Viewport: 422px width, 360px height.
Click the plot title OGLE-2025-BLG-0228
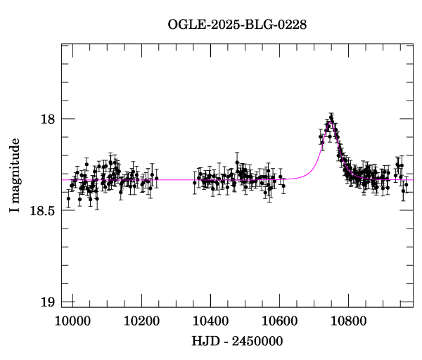(237, 25)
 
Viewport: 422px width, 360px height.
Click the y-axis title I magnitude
(15, 176)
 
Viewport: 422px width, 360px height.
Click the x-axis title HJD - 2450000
(237, 341)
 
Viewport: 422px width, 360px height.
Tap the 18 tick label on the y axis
(48, 119)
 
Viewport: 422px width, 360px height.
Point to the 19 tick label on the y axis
(48, 302)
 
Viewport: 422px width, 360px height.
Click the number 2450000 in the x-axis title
(255, 341)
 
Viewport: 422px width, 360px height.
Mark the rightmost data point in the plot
(407, 184)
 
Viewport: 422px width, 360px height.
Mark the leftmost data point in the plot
(68, 199)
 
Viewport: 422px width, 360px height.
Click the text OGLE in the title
(184, 25)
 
